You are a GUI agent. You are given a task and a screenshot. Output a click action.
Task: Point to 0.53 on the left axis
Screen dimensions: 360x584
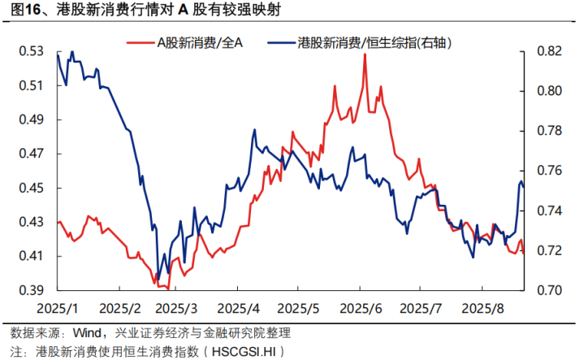click(x=31, y=51)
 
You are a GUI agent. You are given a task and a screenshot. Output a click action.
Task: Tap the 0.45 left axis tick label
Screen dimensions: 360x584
click(x=31, y=188)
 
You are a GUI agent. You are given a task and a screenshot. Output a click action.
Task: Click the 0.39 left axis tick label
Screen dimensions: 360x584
click(x=31, y=290)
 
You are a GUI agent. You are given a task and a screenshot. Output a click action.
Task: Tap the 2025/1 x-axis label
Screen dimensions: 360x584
click(x=58, y=308)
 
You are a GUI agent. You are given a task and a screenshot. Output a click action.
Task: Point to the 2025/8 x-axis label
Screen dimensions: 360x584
click(x=481, y=308)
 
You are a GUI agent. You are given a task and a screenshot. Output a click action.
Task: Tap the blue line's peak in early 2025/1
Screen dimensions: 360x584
click(x=72, y=52)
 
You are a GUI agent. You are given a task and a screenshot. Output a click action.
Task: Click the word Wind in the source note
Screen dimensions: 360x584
click(x=88, y=333)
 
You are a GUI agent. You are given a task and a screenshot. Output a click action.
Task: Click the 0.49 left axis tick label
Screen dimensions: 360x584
click(x=31, y=119)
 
